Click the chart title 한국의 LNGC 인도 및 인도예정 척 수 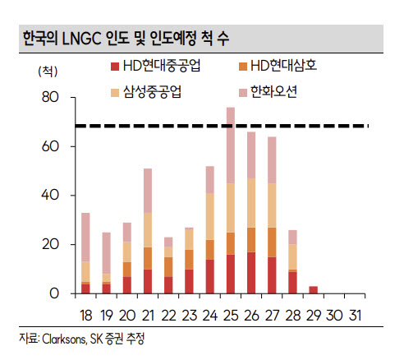[x=126, y=39]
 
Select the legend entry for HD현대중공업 [x=155, y=66]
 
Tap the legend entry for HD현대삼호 [x=278, y=66]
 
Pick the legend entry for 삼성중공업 [x=146, y=92]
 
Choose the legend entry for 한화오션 [x=268, y=92]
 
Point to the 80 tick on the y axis [x=50, y=97]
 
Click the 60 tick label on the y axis [x=50, y=146]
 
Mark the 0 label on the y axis [x=54, y=293]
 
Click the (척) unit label [x=48, y=72]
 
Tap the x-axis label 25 [x=231, y=316]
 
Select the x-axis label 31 [x=355, y=316]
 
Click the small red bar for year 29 [x=314, y=290]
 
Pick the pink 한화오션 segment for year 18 [x=85, y=238]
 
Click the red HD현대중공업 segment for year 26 [x=251, y=273]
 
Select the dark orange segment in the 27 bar [x=272, y=242]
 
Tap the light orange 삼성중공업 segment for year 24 [x=210, y=216]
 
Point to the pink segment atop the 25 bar [x=231, y=145]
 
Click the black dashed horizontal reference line [x=222, y=126]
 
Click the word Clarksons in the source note [x=64, y=339]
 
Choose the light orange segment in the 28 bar [x=293, y=257]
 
